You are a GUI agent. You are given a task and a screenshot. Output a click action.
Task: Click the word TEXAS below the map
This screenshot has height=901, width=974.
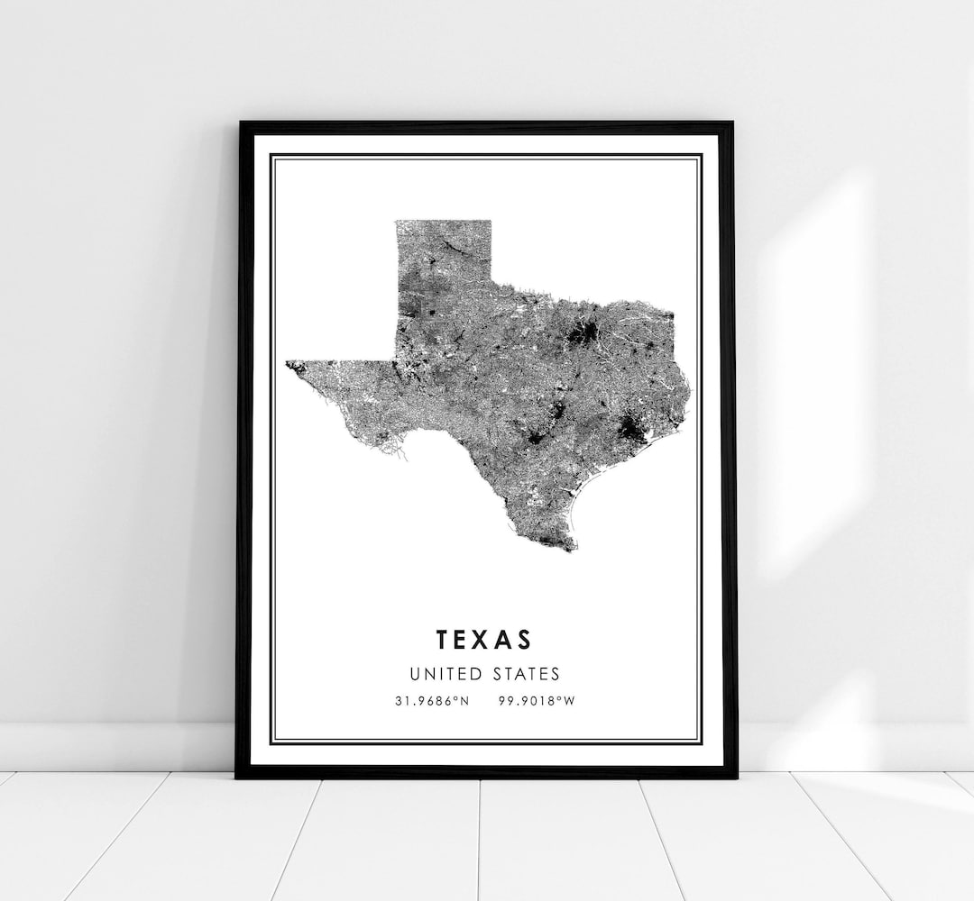[x=484, y=639]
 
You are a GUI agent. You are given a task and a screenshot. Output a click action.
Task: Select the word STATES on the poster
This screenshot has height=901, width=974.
[x=527, y=673]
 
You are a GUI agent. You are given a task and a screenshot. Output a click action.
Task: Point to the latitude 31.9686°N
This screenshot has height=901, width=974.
[x=431, y=701]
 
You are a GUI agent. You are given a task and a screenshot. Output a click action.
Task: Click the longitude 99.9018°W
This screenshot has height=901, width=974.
[x=535, y=701]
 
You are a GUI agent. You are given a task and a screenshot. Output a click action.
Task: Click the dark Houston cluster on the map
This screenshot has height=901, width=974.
[x=631, y=432]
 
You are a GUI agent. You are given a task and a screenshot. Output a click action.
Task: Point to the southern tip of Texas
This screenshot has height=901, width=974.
[x=566, y=548]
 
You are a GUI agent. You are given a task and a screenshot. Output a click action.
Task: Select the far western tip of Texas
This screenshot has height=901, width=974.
[x=288, y=364]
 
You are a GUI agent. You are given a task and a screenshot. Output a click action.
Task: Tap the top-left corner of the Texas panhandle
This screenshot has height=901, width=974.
[x=397, y=222]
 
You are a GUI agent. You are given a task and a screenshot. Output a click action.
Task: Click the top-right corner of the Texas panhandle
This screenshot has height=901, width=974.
[x=491, y=222]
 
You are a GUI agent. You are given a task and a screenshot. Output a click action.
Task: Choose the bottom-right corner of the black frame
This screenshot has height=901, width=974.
[x=737, y=776]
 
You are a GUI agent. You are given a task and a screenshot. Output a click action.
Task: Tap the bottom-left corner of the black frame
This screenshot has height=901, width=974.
[x=237, y=776]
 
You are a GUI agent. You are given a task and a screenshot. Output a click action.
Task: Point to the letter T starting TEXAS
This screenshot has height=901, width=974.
[x=443, y=639]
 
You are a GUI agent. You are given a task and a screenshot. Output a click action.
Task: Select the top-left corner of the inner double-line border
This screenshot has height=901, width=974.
[x=271, y=155]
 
